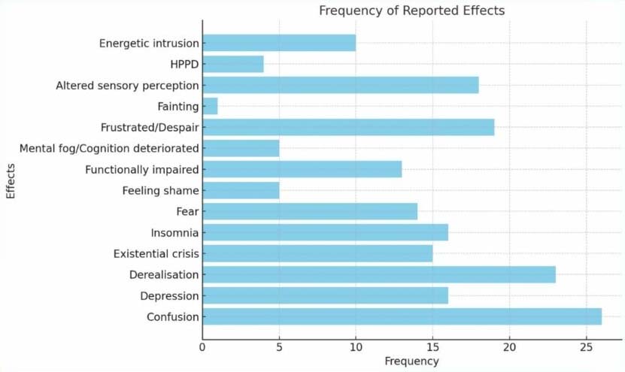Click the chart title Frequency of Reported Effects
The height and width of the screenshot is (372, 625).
411,11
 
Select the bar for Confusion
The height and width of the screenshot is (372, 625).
402,316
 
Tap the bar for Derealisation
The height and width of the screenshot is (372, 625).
378,274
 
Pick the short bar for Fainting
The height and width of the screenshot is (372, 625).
210,106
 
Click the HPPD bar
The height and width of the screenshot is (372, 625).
232,64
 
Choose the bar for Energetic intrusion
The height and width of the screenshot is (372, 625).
278,43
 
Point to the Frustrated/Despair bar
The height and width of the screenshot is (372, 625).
347,127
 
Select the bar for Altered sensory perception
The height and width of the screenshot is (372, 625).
340,85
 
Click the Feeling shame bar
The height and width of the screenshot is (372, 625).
241,190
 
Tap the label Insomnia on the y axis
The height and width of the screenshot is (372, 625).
174,232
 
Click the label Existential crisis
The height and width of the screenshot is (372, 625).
156,253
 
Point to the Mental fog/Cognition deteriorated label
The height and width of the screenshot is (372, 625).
109,148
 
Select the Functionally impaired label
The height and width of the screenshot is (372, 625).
141,169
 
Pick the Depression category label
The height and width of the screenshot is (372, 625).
169,295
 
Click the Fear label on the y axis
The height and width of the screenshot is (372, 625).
187,211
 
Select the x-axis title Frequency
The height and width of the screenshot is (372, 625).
411,361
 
